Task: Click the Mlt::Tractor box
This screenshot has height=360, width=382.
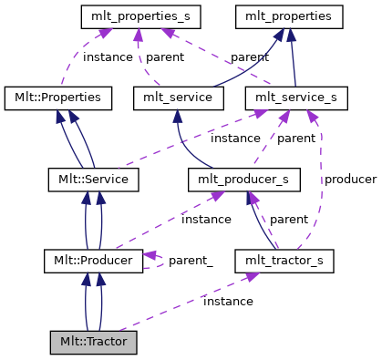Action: click(x=93, y=343)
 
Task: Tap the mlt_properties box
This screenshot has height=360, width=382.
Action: click(x=289, y=15)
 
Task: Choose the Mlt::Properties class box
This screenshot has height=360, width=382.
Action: click(x=58, y=97)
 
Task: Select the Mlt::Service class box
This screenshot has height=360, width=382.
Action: click(x=93, y=180)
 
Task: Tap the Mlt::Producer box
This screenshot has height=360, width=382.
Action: click(x=93, y=262)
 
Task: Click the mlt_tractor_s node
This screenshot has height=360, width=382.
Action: click(x=284, y=262)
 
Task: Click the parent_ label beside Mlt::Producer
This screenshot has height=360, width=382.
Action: click(x=191, y=261)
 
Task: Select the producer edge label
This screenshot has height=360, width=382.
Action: click(x=350, y=180)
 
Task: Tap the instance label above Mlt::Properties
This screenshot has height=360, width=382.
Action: click(x=108, y=57)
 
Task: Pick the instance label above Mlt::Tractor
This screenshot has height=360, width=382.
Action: click(x=228, y=301)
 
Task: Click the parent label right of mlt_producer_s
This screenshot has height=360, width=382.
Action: click(x=289, y=219)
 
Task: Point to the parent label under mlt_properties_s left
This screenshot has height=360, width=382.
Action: click(x=165, y=57)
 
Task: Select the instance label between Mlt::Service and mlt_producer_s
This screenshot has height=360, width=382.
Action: click(x=206, y=219)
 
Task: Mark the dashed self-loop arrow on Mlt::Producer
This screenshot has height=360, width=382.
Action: click(x=156, y=261)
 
